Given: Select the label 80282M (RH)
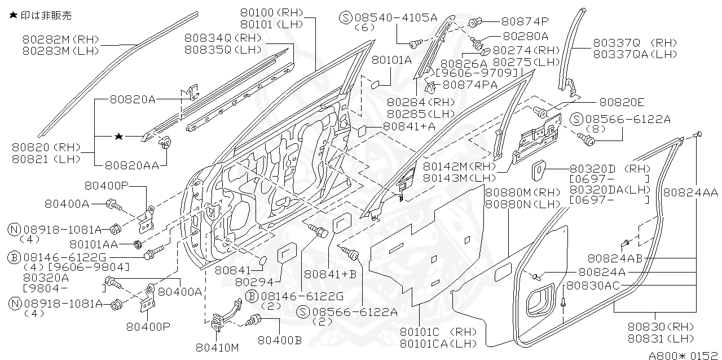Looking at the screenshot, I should [61, 39].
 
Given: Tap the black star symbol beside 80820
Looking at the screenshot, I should [118, 137].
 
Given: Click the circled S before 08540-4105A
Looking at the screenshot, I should [346, 17].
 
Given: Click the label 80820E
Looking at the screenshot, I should [622, 102].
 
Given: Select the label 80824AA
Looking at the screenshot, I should [690, 192].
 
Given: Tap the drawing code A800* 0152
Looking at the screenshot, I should [683, 355].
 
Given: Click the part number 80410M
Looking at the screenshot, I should [217, 347].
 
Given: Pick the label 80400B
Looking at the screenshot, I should [280, 340].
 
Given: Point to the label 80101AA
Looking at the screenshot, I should [94, 244].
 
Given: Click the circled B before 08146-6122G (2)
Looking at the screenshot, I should [252, 296].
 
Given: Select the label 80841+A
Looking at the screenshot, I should [409, 127].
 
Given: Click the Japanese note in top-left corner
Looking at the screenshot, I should [40, 16].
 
